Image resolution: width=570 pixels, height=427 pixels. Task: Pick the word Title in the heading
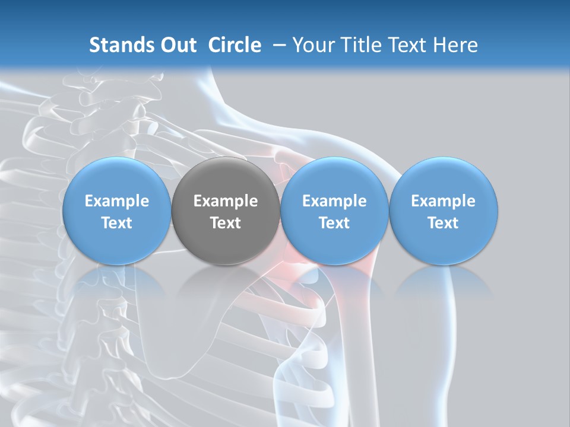click(362, 45)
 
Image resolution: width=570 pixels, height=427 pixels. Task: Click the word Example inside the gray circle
click(226, 201)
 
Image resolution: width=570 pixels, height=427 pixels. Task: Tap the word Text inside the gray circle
click(226, 223)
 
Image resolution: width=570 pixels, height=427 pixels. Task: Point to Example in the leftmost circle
click(116, 201)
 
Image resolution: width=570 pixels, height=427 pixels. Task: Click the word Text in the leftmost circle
click(116, 223)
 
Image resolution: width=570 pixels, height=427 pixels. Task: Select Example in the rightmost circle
click(444, 201)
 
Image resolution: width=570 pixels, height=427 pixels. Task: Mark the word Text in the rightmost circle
click(444, 223)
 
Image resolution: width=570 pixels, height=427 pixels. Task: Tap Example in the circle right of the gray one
click(334, 201)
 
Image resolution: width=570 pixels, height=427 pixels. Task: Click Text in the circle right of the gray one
click(334, 223)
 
